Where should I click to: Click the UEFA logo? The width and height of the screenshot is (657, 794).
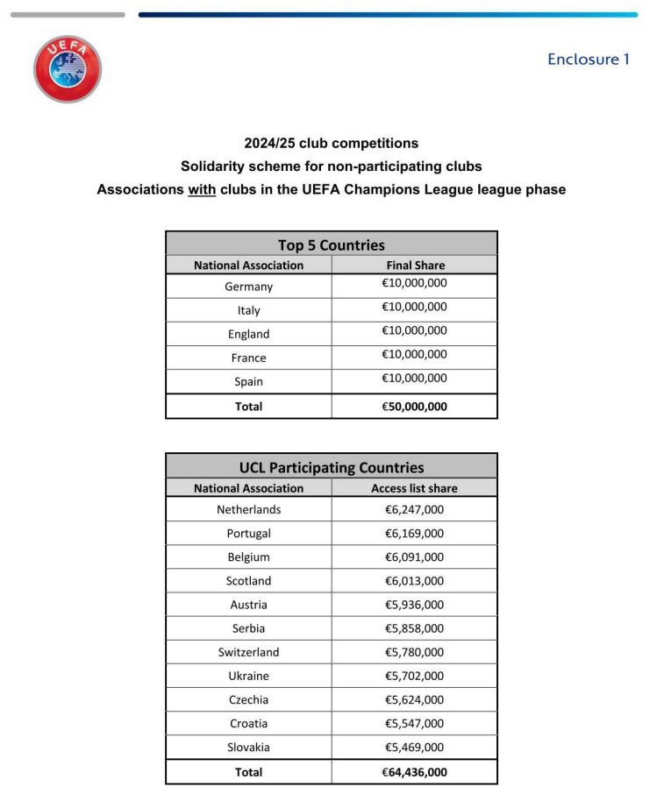tap(68, 68)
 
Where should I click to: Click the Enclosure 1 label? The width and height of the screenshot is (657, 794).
tap(588, 60)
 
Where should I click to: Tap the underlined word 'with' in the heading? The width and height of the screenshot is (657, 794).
tap(202, 189)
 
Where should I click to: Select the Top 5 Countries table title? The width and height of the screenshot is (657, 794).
tap(331, 245)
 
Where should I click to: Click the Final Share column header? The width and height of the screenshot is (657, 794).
tap(415, 265)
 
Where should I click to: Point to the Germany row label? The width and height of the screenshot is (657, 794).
tap(248, 287)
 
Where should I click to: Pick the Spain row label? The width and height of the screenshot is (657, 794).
tap(248, 381)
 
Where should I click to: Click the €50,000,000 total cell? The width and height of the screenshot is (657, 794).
tap(415, 406)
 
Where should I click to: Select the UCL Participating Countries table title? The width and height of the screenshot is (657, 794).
tap(331, 467)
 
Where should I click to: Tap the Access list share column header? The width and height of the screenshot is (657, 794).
tap(414, 488)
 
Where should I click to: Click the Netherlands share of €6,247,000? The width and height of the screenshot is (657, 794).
tap(414, 509)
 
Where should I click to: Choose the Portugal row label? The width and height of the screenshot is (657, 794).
tap(248, 533)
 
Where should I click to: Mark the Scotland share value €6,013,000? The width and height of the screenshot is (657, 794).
tap(414, 580)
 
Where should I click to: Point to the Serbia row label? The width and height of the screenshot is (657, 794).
tap(248, 628)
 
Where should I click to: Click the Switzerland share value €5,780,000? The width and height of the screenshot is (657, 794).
tap(414, 652)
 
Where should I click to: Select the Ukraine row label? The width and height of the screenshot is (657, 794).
tap(248, 676)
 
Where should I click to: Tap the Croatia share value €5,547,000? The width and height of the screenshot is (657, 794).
tap(414, 723)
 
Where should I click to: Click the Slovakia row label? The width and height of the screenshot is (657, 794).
tap(248, 747)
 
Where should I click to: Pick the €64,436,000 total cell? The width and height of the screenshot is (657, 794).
tap(414, 772)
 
